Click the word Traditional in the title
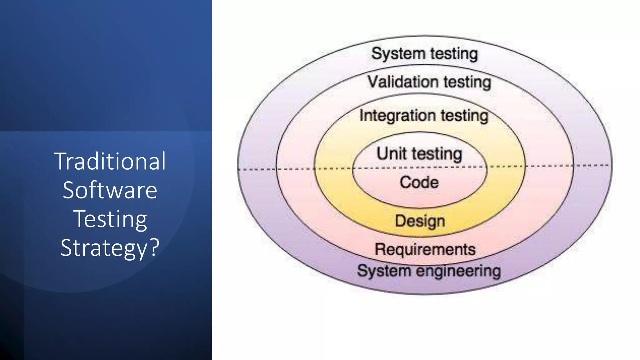(x=110, y=161)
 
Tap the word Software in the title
(x=110, y=190)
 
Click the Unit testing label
(x=419, y=154)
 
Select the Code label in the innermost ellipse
(x=419, y=182)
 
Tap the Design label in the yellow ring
(x=420, y=221)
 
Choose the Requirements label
(x=425, y=249)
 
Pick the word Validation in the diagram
(x=403, y=82)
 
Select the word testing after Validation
(x=467, y=82)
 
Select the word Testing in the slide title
(x=110, y=219)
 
